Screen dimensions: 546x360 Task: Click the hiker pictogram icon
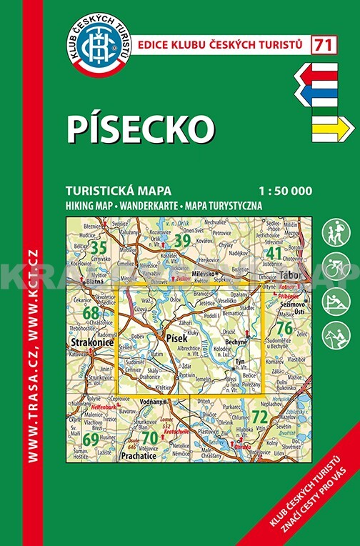(337, 233)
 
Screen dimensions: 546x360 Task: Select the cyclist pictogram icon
(337, 267)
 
